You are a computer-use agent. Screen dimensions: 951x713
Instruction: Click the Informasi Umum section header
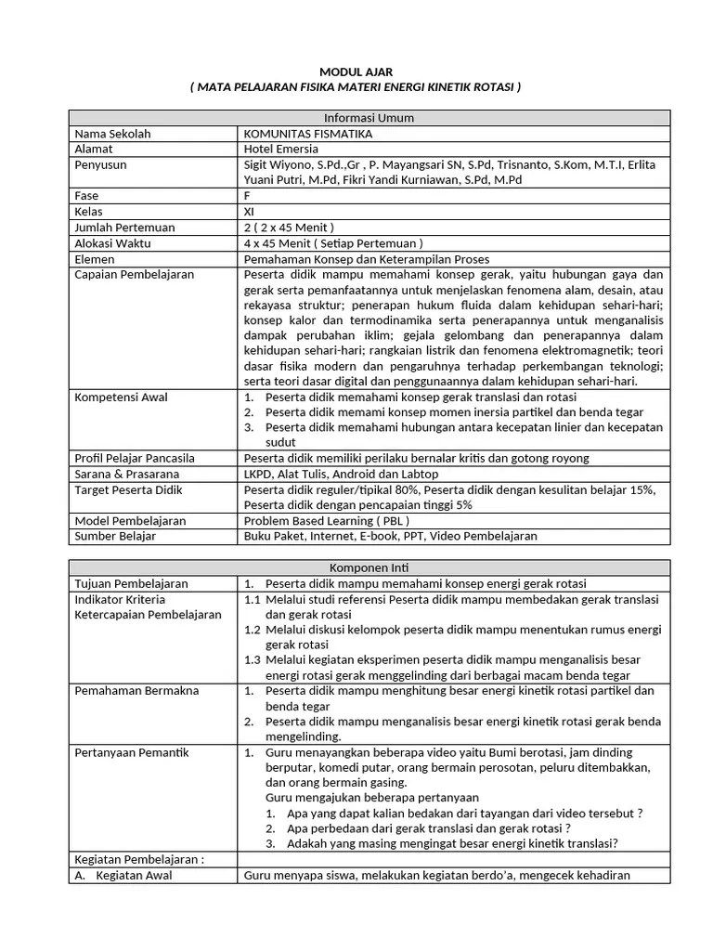pos(369,118)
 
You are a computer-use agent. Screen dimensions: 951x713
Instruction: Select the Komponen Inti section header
pos(369,567)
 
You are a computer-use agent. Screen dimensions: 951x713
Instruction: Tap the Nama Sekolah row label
pos(112,134)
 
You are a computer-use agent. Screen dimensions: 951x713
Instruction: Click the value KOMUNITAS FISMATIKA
pos(303,134)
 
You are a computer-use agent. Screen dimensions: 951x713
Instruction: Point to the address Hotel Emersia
pos(280,149)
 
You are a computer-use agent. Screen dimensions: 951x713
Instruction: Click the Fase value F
pos(247,196)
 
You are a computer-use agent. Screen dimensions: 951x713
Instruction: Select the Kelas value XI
pos(249,212)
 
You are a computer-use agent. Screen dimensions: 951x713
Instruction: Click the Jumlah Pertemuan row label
pos(124,228)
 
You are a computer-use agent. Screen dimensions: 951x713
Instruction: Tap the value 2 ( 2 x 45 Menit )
pos(289,228)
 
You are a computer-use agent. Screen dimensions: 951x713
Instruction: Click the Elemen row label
pos(97,259)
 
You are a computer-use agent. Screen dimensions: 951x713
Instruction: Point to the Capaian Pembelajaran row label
pos(134,275)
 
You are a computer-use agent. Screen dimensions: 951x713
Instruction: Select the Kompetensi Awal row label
pos(121,397)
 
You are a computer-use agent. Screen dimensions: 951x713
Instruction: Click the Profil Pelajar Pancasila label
pos(136,458)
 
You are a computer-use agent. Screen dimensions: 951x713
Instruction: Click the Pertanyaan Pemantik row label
pos(131,752)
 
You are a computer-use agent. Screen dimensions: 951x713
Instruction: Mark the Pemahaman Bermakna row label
pos(136,691)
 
